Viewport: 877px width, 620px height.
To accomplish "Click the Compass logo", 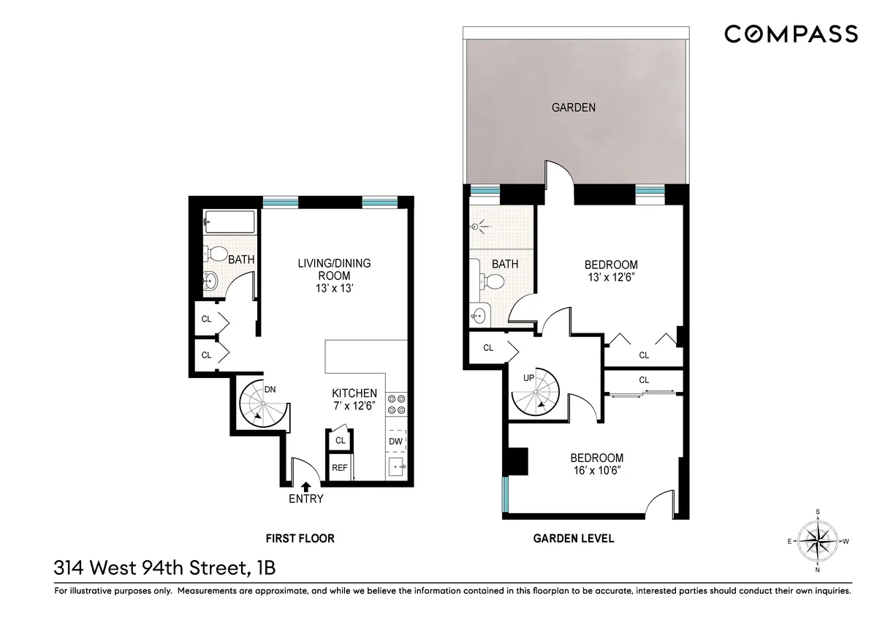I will [791, 34].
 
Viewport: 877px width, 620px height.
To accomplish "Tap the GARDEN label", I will [573, 107].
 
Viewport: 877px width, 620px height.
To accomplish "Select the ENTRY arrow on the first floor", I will [305, 485].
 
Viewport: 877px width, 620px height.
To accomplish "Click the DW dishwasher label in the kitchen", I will [395, 441].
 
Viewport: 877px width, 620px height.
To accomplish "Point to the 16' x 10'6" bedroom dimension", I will [597, 472].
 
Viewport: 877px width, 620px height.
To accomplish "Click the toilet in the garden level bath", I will [494, 281].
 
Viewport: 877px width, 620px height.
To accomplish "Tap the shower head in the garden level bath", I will [478, 227].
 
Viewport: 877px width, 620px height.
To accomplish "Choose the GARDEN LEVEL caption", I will [573, 539].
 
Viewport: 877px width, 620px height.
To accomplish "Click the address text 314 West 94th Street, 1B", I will [164, 567].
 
